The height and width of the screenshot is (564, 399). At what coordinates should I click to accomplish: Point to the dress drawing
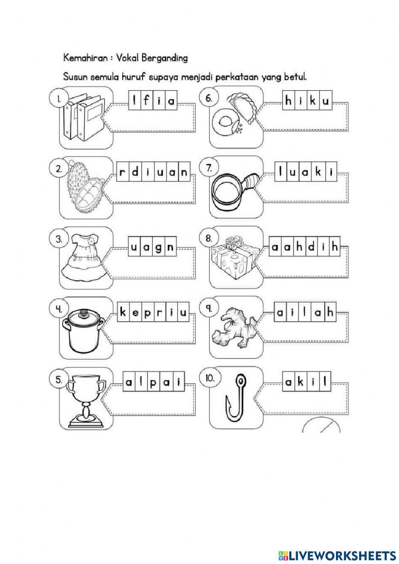click(x=82, y=255)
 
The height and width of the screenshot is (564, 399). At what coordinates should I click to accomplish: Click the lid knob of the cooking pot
click(x=83, y=314)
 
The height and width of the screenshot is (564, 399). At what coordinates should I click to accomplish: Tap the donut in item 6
click(x=226, y=119)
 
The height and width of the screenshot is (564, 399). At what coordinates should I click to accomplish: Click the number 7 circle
click(x=208, y=168)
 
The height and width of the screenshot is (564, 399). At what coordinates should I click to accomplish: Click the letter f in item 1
click(x=146, y=101)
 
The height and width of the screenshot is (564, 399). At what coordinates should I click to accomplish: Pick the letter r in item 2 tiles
click(x=123, y=173)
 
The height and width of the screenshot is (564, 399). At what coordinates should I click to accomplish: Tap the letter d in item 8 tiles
click(x=310, y=247)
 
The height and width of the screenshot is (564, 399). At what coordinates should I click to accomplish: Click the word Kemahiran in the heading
click(x=85, y=58)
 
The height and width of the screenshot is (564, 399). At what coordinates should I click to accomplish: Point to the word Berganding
click(x=167, y=58)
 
